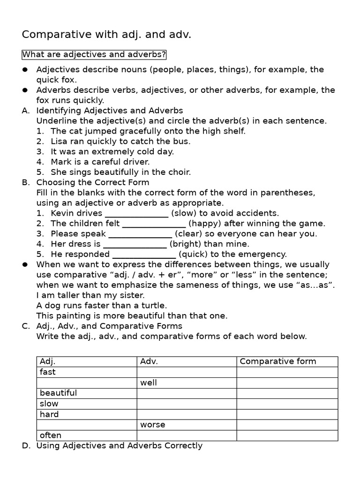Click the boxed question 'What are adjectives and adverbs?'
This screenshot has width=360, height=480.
[94, 55]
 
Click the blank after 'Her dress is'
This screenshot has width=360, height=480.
[135, 244]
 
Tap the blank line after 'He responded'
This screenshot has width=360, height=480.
[144, 255]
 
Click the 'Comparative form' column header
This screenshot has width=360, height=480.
[278, 361]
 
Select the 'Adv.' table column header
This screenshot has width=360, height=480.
[149, 361]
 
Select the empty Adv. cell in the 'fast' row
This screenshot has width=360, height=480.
[187, 372]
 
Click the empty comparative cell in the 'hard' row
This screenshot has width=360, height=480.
[287, 414]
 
